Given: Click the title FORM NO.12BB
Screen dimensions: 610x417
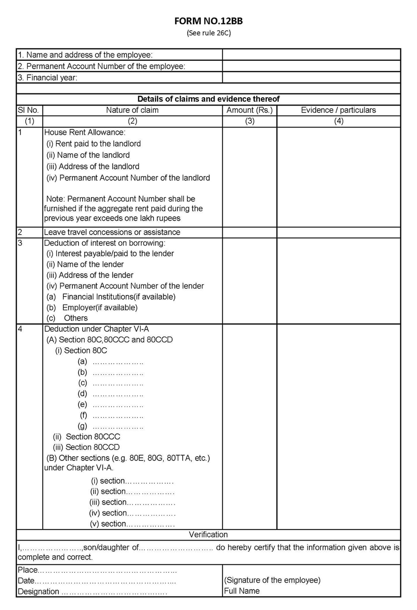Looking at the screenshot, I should tap(208, 21).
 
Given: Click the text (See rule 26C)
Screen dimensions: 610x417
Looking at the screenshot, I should tap(208, 33).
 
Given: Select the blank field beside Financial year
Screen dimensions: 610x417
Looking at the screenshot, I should tap(311, 77).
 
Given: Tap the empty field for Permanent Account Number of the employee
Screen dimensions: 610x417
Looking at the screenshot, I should tap(311, 66).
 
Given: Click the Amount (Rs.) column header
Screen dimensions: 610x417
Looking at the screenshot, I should tap(249, 110).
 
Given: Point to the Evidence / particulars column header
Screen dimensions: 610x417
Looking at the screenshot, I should tap(338, 110).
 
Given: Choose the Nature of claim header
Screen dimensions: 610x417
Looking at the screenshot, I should tap(132, 110).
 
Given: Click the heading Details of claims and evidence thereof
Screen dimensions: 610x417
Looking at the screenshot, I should tap(208, 99).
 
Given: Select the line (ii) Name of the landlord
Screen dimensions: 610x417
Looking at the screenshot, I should tap(88, 155).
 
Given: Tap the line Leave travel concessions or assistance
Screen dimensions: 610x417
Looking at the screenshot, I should tap(112, 232).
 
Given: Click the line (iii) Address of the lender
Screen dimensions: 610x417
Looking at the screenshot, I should tap(90, 275).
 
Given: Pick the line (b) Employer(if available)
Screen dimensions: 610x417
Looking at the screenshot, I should tap(92, 307).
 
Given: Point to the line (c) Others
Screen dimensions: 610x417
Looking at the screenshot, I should tap(67, 318).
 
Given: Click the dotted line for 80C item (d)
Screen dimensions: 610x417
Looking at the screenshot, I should tap(118, 394).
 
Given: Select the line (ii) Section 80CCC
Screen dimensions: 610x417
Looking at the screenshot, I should tap(86, 437).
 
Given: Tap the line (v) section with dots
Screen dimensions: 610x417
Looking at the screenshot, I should tap(132, 524).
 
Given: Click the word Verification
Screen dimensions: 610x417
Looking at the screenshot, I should tap(208, 535).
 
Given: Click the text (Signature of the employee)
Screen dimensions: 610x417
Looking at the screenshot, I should tap(272, 580).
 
